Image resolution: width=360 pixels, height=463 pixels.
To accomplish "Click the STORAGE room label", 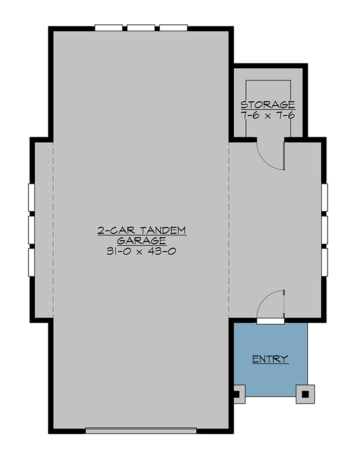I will click(268, 105).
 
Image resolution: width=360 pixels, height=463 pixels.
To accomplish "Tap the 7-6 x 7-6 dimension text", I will click(268, 115).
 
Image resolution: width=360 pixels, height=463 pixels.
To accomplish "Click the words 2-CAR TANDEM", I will click(141, 230).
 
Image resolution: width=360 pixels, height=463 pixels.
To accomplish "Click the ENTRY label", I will click(270, 359).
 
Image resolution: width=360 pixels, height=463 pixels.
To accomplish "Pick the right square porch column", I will click(304, 395).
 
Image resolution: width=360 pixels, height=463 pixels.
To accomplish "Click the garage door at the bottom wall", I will click(141, 430).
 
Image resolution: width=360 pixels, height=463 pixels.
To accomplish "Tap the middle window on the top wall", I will click(141, 27).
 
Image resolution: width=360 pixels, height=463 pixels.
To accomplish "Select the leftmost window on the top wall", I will click(109, 27).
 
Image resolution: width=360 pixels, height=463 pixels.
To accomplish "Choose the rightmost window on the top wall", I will click(174, 27).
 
